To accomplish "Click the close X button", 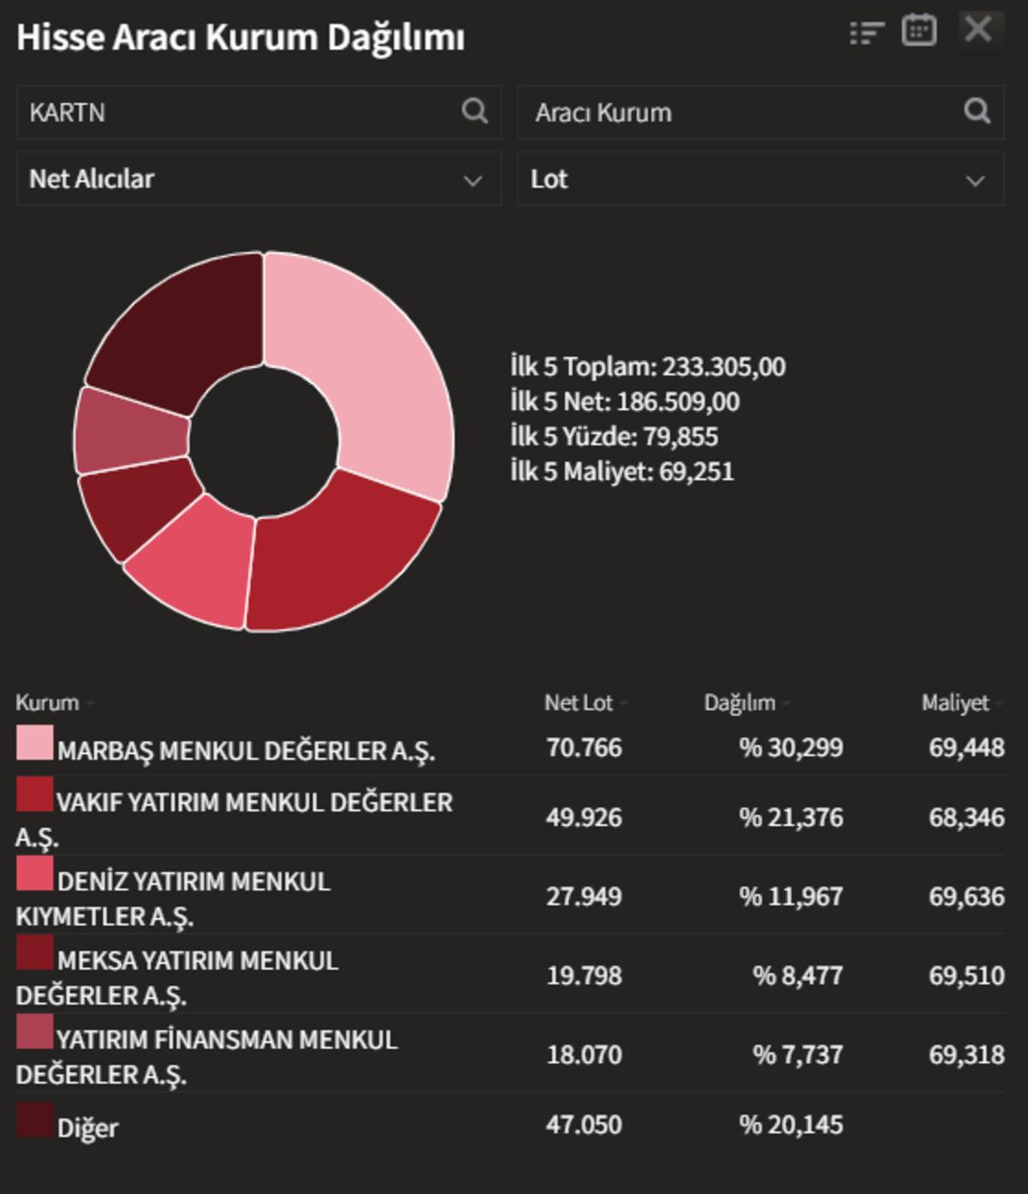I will pyautogui.click(x=977, y=31).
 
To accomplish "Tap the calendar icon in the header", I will pyautogui.click(x=918, y=31).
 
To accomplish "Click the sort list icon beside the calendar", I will pyautogui.click(x=866, y=33).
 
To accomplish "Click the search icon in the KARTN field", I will pyautogui.click(x=475, y=110).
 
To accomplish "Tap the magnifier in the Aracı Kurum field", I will pyautogui.click(x=977, y=110).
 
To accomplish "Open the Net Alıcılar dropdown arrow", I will pyautogui.click(x=472, y=180).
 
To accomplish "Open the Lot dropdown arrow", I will pyautogui.click(x=974, y=180).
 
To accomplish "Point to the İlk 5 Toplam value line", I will pyautogui.click(x=648, y=367).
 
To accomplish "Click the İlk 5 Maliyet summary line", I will pyautogui.click(x=622, y=471).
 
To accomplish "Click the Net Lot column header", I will pyautogui.click(x=579, y=703).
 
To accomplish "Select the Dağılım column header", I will pyautogui.click(x=739, y=703).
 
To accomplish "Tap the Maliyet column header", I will pyautogui.click(x=954, y=703).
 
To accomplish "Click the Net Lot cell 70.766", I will pyautogui.click(x=584, y=748).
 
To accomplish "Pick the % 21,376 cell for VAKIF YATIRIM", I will pyautogui.click(x=791, y=817).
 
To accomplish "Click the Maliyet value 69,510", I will pyautogui.click(x=966, y=975).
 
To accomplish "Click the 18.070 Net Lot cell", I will pyautogui.click(x=584, y=1054).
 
